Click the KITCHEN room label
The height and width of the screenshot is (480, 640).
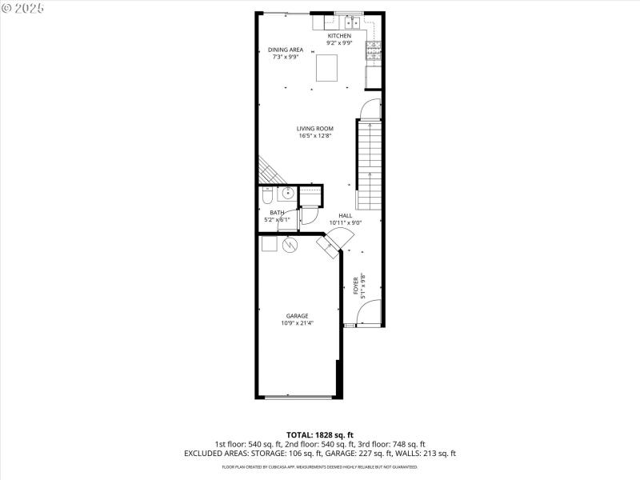[x=339, y=36]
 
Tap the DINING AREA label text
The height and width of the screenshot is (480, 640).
[x=286, y=50]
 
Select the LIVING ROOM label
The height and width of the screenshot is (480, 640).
[x=314, y=128]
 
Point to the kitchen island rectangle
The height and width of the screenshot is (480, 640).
[x=326, y=68]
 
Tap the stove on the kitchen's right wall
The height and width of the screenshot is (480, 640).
[x=373, y=52]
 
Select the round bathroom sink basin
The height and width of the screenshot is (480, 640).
[x=287, y=194]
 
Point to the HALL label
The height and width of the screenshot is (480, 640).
[x=345, y=215]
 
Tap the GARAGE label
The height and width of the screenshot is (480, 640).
[x=297, y=316]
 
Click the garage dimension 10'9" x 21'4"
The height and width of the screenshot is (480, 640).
[x=297, y=324]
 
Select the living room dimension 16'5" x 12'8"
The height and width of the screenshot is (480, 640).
[x=314, y=136]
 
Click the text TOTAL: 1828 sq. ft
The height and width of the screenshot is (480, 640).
[x=319, y=434]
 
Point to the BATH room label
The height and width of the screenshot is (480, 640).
[x=277, y=212]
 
